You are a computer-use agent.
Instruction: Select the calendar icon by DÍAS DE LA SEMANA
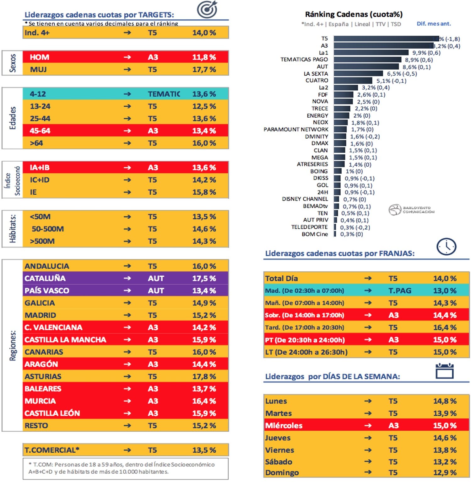444,371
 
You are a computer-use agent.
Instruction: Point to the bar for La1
371,53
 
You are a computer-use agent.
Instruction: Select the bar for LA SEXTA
358,74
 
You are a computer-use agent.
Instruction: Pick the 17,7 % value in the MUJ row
204,69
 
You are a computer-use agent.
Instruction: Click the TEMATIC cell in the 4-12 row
164,94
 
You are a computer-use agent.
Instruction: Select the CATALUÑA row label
45,278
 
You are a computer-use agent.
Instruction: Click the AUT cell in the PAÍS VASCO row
156,290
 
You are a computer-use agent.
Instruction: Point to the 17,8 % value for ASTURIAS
204,376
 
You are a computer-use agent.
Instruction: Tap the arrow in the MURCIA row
127,401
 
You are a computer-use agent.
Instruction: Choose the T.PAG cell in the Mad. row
399,290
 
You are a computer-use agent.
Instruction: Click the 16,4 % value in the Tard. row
445,328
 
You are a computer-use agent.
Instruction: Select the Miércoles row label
284,426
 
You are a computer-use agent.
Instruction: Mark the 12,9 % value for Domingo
445,472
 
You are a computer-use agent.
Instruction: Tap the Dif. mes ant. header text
434,24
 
